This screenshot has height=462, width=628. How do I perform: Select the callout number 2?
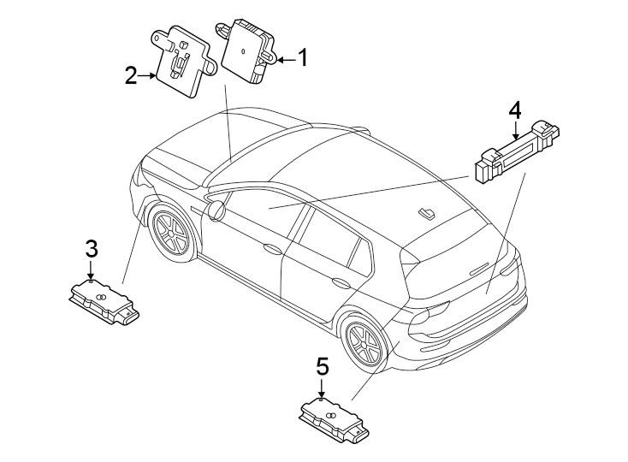tap(130, 76)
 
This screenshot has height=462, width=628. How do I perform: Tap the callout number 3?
tap(92, 250)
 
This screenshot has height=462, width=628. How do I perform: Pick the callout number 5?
tap(322, 368)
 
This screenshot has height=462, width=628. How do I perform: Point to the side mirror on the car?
tap(216, 209)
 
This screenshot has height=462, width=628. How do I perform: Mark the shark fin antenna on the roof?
tap(425, 213)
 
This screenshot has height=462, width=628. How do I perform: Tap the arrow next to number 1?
tap(284, 59)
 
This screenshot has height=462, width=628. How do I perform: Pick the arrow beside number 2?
tap(147, 76)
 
